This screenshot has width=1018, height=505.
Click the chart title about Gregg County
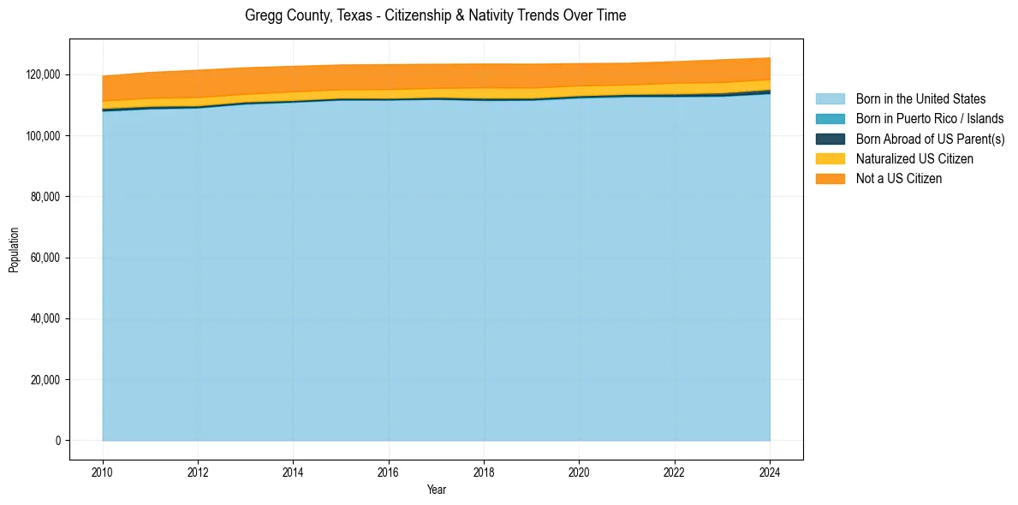click(x=435, y=15)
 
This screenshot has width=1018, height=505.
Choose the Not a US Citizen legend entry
click(x=899, y=178)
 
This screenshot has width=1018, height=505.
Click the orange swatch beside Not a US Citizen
click(x=830, y=178)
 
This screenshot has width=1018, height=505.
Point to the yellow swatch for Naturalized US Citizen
click(x=830, y=158)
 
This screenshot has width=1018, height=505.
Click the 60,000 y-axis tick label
click(x=45, y=258)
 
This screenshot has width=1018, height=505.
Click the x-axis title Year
click(x=436, y=490)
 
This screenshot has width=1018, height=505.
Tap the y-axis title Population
click(x=14, y=250)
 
